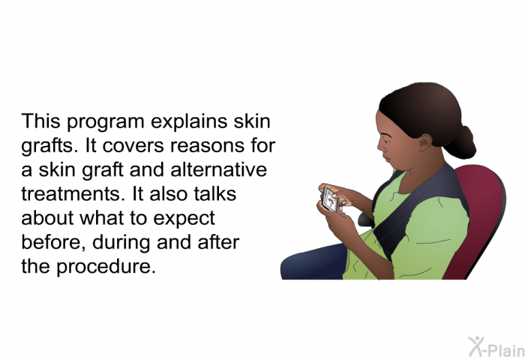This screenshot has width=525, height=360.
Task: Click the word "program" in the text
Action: tap(106, 122)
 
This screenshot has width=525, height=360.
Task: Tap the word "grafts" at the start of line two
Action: tap(49, 145)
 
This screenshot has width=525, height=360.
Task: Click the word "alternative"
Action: tap(219, 169)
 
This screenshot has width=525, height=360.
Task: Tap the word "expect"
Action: tap(184, 219)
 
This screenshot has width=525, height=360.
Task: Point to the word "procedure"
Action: tap(106, 267)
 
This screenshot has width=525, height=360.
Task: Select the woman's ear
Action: tap(425, 142)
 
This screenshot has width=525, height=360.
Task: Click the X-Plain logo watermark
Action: tap(496, 347)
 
